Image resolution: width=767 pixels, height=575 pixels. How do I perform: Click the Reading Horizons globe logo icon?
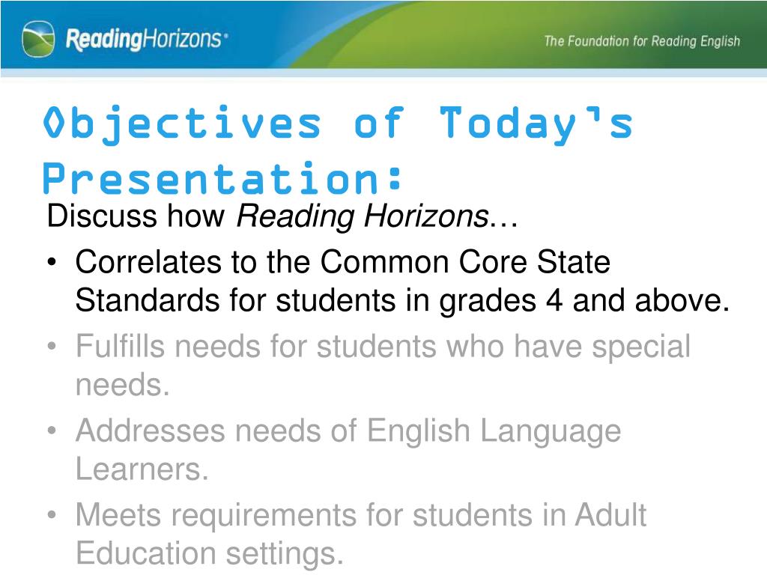[x=38, y=39]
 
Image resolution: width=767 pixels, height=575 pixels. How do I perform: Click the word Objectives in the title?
[x=182, y=124]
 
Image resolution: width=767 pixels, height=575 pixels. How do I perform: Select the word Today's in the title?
[x=536, y=124]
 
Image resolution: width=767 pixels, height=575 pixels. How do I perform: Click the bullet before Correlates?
[x=52, y=263]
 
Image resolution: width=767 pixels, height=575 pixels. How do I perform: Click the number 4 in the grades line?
[x=554, y=300]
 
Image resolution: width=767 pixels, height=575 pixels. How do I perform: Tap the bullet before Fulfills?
[x=52, y=347]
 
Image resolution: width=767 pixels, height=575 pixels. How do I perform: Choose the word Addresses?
[x=151, y=431]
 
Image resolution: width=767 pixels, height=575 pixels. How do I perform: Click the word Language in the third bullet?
[x=551, y=432]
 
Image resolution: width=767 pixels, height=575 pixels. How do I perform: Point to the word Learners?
[x=142, y=469]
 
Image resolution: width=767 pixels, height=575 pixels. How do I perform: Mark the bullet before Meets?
[x=52, y=515]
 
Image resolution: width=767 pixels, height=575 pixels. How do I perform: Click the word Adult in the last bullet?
[x=610, y=515]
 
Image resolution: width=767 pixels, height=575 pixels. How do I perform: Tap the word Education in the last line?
[x=146, y=553]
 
